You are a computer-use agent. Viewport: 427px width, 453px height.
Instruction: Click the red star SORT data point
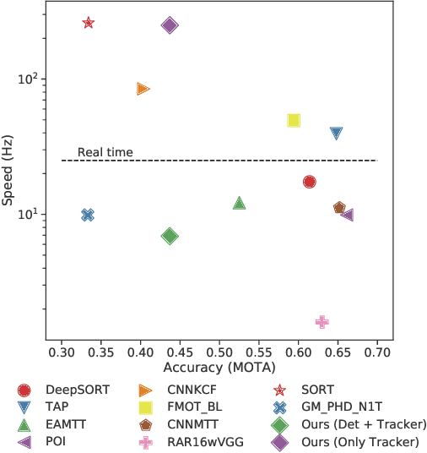[x=89, y=23]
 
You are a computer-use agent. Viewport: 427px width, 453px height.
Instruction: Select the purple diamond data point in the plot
[x=170, y=25]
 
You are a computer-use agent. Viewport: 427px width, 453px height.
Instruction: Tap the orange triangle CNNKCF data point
[x=143, y=89]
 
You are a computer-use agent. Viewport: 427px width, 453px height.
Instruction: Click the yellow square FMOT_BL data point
[x=294, y=121]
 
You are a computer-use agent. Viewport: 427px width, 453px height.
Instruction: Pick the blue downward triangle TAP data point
[x=337, y=134]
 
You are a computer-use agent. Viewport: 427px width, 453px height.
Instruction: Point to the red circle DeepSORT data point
[x=310, y=182]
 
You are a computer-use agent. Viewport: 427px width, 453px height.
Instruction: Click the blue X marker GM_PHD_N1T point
[x=88, y=215]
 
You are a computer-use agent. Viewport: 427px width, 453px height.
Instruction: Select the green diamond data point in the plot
[x=170, y=236]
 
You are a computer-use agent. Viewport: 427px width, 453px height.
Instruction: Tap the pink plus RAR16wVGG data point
[x=322, y=322]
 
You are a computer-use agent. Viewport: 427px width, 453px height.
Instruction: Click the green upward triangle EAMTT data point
[x=240, y=203]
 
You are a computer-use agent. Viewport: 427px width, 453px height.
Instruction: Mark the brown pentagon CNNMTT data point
[x=339, y=208]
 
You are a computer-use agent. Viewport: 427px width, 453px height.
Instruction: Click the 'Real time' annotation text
[x=105, y=153]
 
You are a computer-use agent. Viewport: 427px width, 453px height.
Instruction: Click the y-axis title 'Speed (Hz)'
[x=9, y=170]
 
